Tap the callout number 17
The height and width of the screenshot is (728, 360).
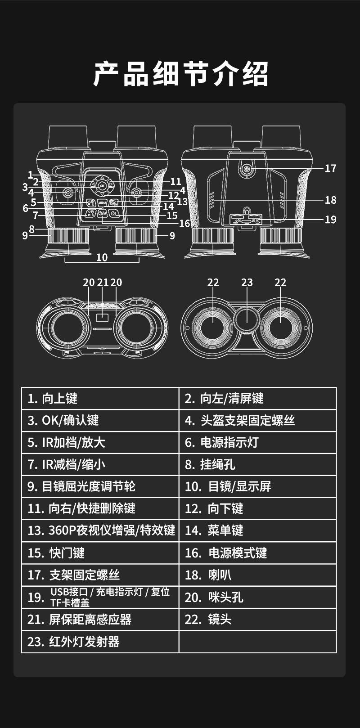330,168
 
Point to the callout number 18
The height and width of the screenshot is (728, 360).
330,200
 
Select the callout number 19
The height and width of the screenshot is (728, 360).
330,220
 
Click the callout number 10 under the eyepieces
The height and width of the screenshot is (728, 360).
102,257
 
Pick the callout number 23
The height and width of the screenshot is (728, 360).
247,283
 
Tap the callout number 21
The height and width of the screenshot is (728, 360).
103,283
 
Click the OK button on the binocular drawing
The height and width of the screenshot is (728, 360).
102,185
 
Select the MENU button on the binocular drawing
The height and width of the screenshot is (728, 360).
102,202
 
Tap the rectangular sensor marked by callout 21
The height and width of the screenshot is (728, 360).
103,318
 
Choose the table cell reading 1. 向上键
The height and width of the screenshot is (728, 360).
100,398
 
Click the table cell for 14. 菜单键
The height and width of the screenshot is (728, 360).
257,530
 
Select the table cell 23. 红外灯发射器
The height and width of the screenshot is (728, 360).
100,642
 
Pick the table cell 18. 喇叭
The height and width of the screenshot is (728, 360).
257,575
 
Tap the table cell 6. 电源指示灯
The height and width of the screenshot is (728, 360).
257,442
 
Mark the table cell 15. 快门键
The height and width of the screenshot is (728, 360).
100,553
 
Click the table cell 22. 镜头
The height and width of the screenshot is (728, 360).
257,620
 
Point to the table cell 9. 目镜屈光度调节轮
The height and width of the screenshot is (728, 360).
100,486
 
